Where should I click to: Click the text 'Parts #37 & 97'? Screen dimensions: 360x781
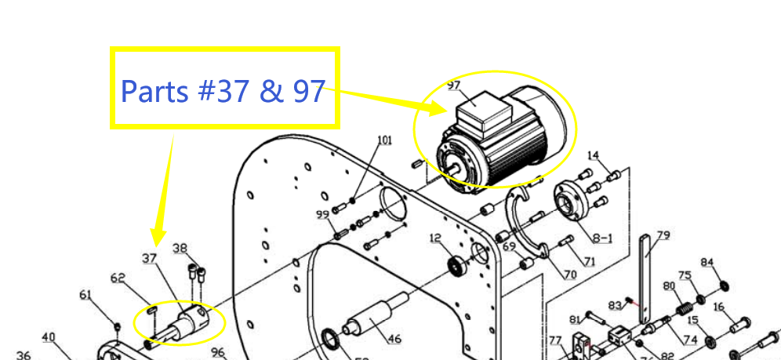[223, 92]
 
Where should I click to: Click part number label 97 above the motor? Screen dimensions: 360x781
[454, 85]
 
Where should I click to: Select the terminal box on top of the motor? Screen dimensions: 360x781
[478, 112]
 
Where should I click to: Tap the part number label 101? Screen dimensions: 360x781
[384, 140]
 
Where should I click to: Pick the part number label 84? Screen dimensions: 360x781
[707, 262]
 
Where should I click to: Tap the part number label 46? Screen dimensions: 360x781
[394, 339]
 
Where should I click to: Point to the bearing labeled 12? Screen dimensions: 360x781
[455, 265]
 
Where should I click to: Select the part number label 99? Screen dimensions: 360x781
[322, 215]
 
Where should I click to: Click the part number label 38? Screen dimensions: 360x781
[180, 249]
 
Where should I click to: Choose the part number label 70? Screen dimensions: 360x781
[570, 275]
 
